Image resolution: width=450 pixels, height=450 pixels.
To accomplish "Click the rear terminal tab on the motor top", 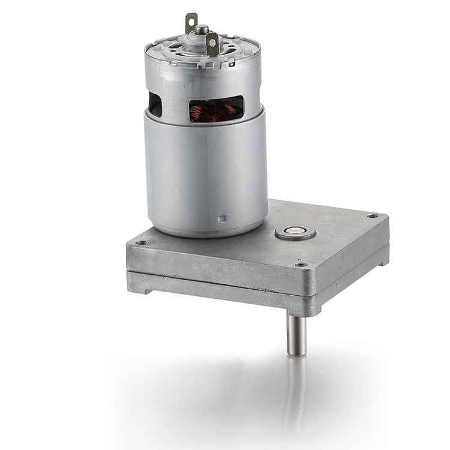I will pyautogui.click(x=191, y=23).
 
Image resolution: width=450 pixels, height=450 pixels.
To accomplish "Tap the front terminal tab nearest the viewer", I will pyautogui.click(x=212, y=44).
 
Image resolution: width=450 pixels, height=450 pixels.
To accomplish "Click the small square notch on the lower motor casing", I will pyautogui.click(x=224, y=218).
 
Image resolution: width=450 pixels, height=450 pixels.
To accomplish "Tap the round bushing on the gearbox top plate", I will pyautogui.click(x=295, y=232).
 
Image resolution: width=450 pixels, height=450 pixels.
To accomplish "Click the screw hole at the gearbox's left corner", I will pyautogui.click(x=142, y=243).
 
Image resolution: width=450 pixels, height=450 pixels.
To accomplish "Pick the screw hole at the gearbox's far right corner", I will pyautogui.click(x=372, y=215).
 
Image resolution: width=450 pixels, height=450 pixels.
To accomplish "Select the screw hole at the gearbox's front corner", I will pyautogui.click(x=302, y=265).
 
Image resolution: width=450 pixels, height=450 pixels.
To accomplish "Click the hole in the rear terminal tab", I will pyautogui.click(x=191, y=19).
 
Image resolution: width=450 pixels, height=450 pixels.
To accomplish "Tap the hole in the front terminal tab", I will pyautogui.click(x=212, y=40).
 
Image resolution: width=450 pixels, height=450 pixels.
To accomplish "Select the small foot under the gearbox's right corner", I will pyautogui.click(x=382, y=261).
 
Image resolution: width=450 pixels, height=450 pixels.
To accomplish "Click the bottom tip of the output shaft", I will pyautogui.click(x=296, y=354).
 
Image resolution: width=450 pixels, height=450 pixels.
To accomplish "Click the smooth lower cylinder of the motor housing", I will pyautogui.click(x=204, y=174).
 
